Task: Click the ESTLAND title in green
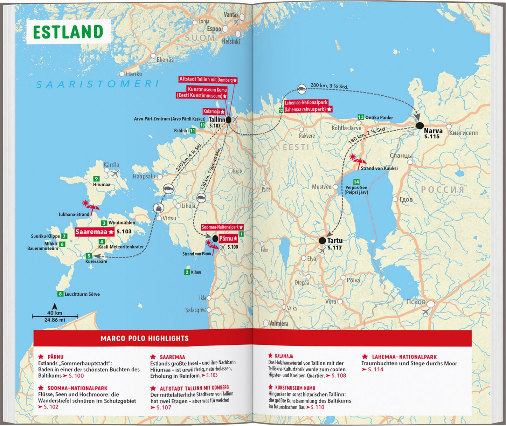68,32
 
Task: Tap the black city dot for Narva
420,126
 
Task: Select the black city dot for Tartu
322,240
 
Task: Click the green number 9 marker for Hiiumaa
96,179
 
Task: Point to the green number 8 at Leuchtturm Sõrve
61,294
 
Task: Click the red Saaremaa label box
95,232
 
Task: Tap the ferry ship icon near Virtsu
159,208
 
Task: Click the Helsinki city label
231,41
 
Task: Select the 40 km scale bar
55,316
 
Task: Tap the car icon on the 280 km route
301,89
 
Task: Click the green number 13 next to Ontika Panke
361,117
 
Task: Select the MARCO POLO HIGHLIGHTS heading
144,338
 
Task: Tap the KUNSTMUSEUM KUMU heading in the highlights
295,388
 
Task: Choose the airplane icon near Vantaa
236,22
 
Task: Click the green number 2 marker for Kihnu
187,272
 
